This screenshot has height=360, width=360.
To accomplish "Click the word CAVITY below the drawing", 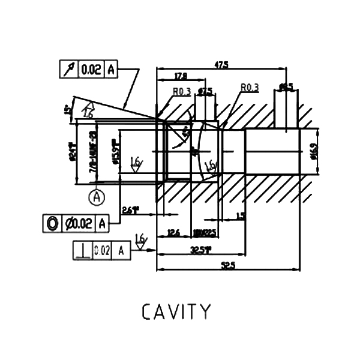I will coord(177,312).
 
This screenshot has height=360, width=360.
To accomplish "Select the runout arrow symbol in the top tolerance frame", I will coord(68,70).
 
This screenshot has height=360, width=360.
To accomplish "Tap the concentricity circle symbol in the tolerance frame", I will coord(52,224).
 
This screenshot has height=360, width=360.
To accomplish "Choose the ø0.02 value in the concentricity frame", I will coord(78,224).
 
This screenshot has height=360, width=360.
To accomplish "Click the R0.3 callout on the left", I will coord(181,92).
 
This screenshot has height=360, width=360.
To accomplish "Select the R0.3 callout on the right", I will coord(249,88).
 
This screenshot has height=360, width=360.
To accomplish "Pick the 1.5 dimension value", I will coord(241,215).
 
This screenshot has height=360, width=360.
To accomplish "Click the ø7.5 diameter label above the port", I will coord(205,92).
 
